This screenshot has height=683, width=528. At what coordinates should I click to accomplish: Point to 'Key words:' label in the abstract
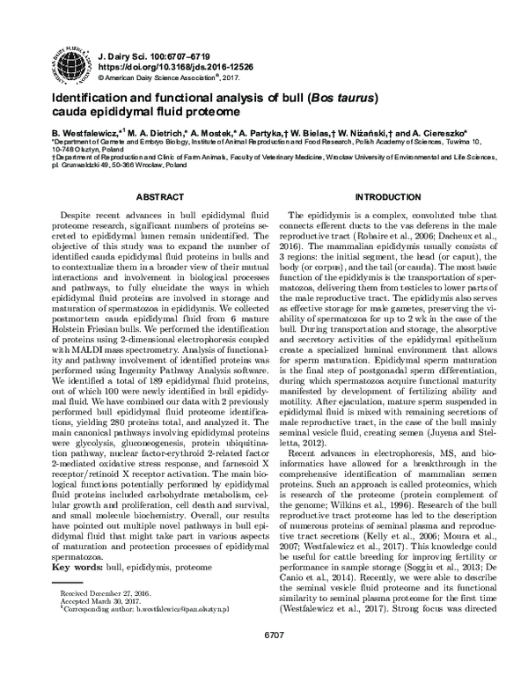(76, 593)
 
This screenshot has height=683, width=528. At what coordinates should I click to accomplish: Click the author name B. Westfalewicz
(89, 129)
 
